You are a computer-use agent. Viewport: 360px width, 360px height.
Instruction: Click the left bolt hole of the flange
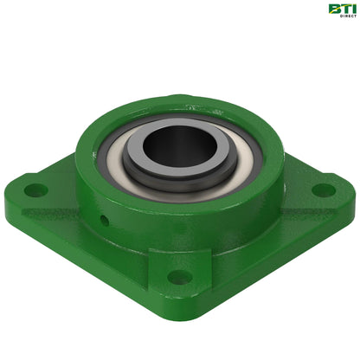34,188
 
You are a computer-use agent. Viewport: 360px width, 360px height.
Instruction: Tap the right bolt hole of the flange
322,190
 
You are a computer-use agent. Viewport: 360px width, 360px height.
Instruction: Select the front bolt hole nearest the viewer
179,277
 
